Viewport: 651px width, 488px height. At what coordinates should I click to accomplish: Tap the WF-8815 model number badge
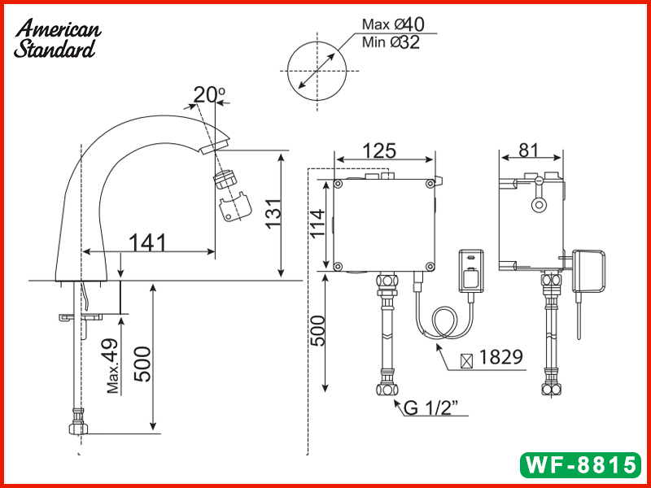tap(579, 464)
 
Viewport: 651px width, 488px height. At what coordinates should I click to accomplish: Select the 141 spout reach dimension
tap(147, 242)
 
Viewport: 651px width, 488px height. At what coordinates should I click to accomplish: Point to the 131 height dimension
tap(277, 214)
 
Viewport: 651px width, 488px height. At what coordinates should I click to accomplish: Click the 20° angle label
tap(208, 94)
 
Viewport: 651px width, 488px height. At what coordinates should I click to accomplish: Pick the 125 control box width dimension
tap(379, 151)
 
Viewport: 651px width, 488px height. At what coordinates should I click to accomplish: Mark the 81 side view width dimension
tap(528, 150)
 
